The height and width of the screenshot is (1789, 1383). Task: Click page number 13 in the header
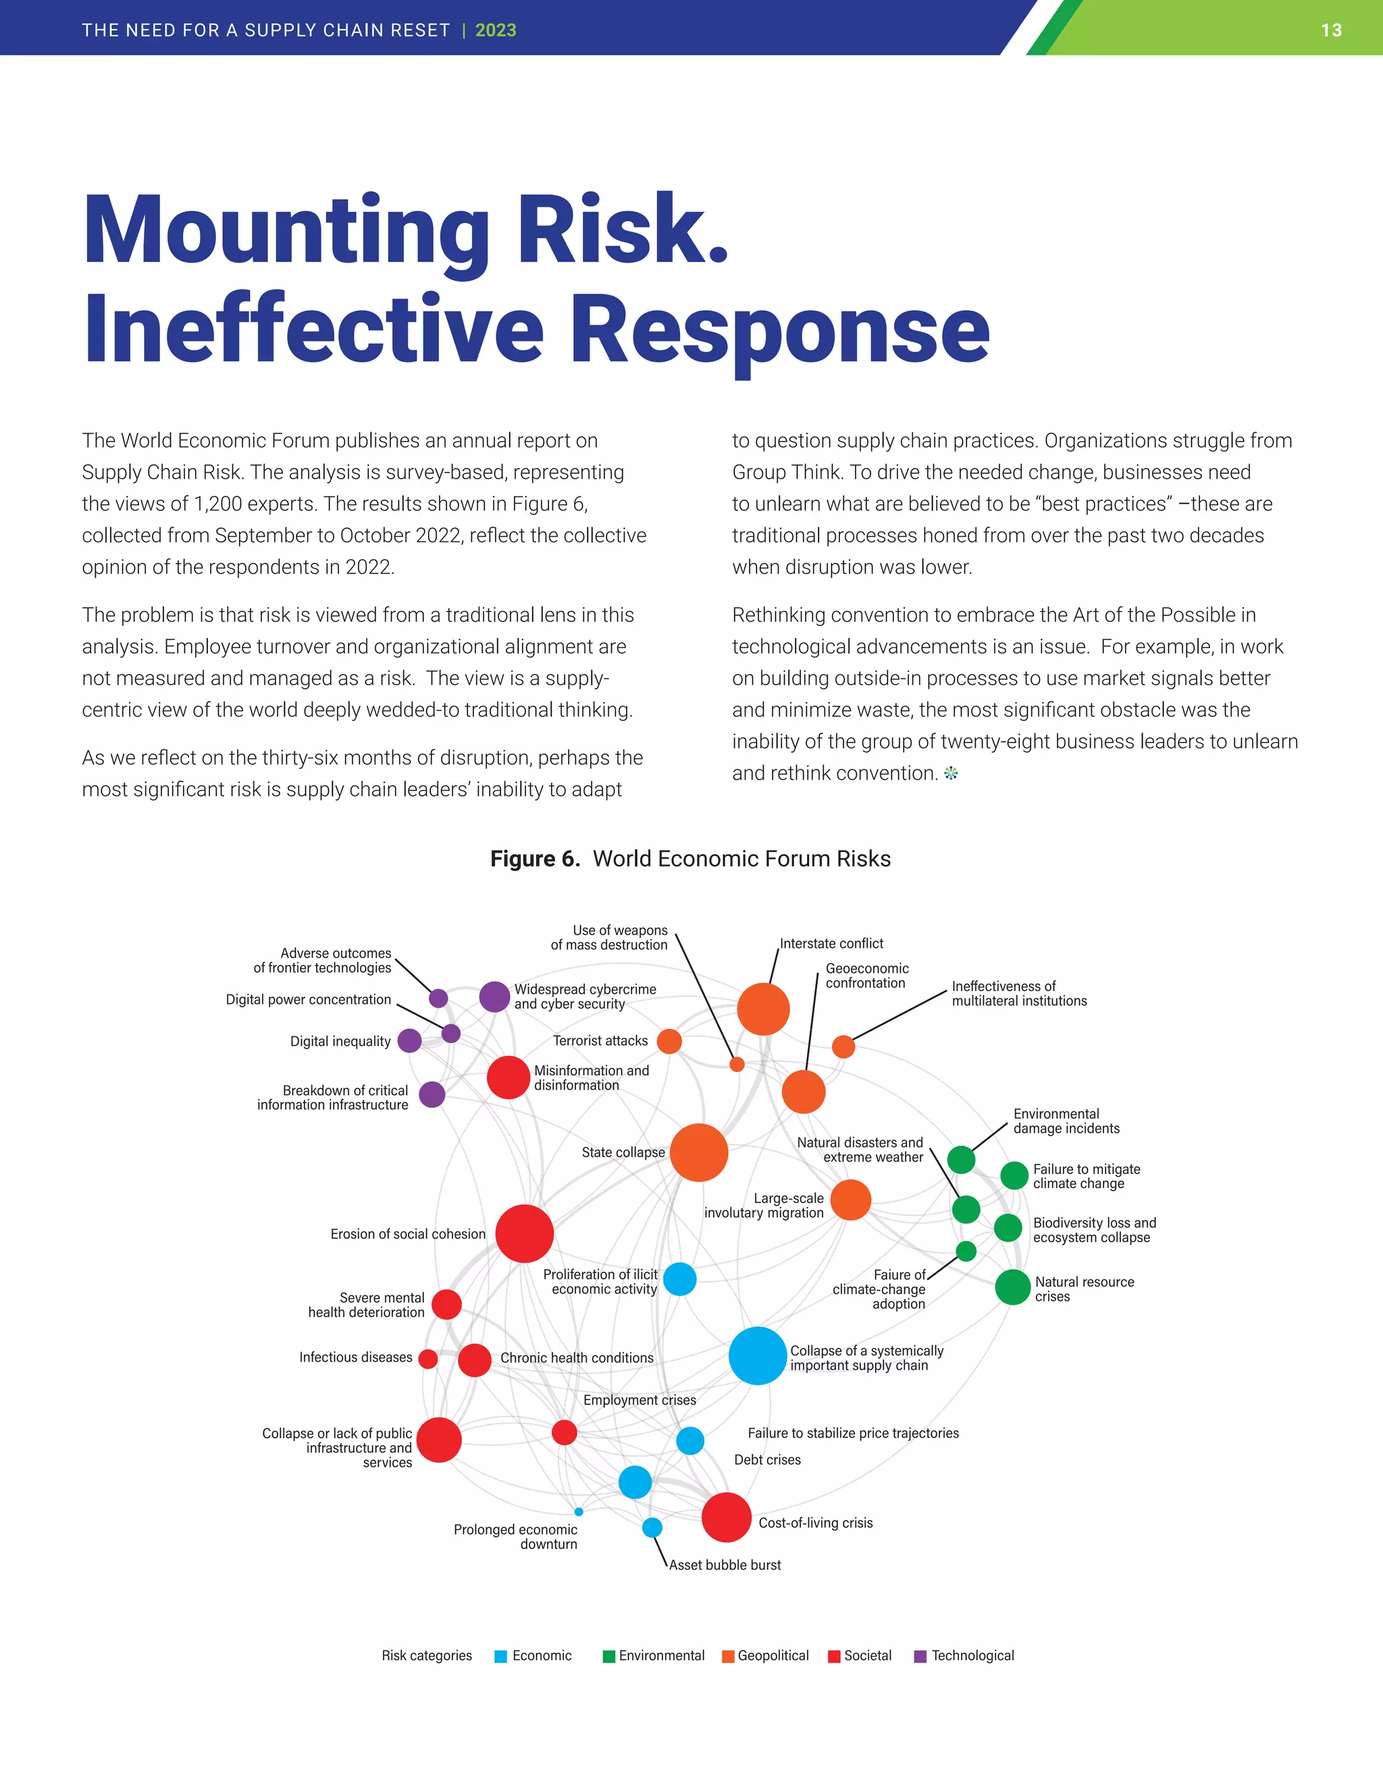1330,30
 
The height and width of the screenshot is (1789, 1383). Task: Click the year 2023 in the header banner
496,30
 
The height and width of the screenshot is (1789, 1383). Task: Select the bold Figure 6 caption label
534,859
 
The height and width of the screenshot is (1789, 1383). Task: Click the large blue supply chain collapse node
757,1356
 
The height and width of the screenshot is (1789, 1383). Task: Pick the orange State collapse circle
698,1152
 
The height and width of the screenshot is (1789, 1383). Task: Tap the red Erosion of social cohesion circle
524,1233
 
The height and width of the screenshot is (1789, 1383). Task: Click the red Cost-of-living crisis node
726,1517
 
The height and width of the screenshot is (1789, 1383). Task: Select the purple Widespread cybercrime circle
494,997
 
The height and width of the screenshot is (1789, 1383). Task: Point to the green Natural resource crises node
1013,1287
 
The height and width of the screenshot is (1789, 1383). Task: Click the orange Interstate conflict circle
763,1009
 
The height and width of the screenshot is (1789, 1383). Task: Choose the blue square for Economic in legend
500,1656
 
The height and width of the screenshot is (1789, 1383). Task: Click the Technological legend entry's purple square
920,1656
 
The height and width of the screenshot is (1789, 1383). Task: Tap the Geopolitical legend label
773,1655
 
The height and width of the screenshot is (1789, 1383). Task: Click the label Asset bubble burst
725,1565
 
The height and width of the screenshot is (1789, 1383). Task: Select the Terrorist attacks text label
600,1040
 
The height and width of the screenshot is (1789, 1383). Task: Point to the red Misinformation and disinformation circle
508,1077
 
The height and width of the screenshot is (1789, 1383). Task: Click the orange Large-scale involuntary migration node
850,1200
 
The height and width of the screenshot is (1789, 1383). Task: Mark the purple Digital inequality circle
409,1041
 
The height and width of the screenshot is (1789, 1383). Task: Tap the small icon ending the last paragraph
950,773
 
